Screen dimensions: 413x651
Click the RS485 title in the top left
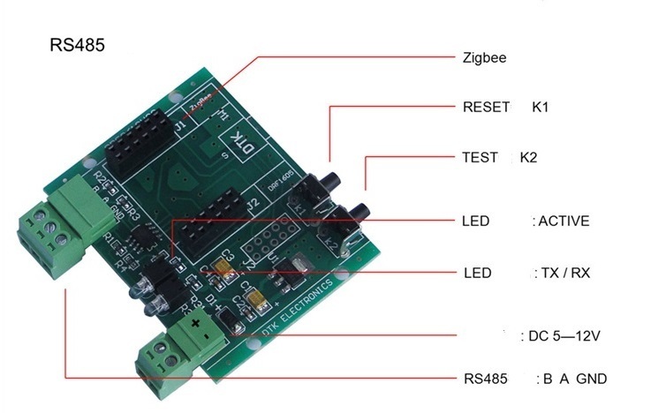tap(78, 45)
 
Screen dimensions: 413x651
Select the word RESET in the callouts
tap(486, 108)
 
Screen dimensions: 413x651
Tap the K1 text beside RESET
tap(541, 108)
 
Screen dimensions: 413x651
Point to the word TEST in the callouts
tap(480, 158)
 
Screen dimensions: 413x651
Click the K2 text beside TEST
tap(528, 158)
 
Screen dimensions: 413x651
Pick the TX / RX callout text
tap(562, 273)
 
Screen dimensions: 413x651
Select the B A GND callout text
tap(574, 379)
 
